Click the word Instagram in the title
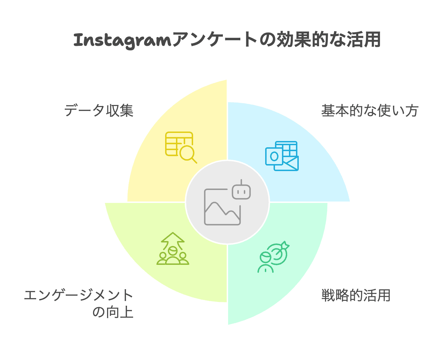(x=122, y=40)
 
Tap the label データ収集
(x=99, y=111)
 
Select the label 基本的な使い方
(x=370, y=111)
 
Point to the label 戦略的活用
(x=356, y=296)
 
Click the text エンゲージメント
(x=78, y=296)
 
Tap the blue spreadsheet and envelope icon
(x=282, y=156)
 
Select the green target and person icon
(x=273, y=257)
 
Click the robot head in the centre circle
(x=241, y=192)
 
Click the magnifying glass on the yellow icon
(x=188, y=154)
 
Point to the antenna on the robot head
(x=241, y=182)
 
